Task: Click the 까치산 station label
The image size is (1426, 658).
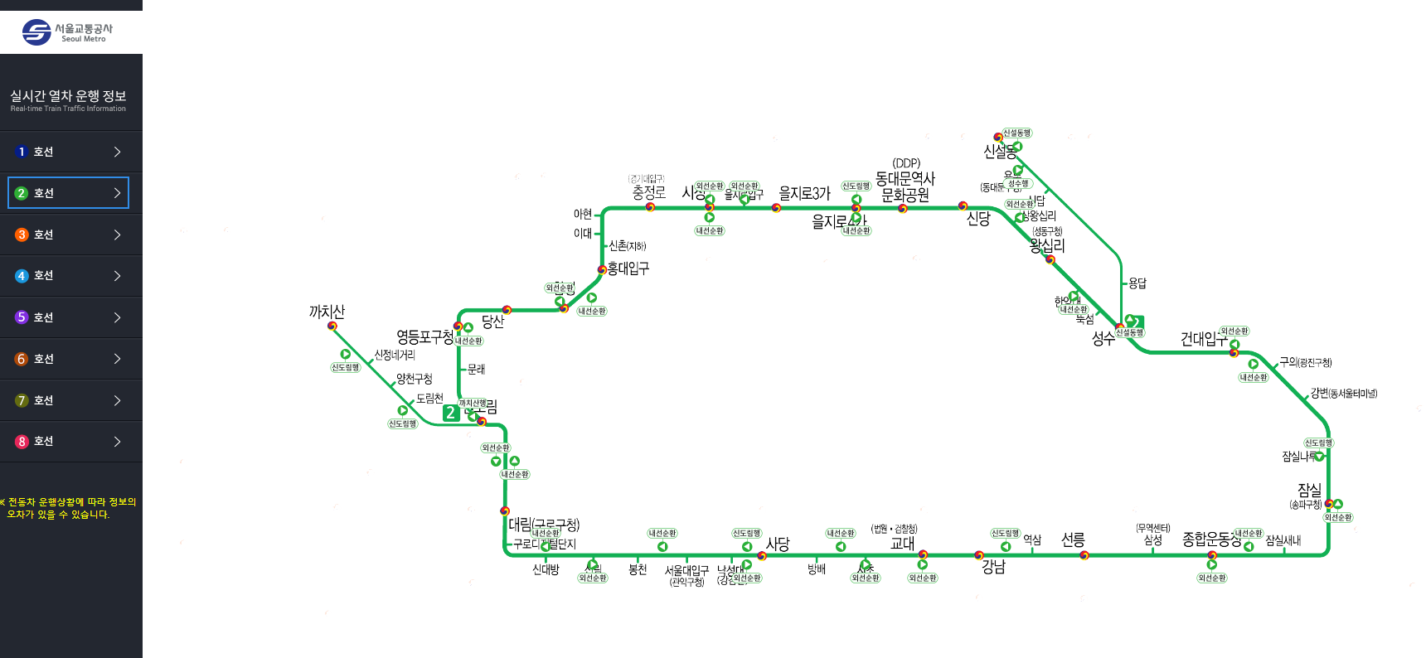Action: click(x=327, y=312)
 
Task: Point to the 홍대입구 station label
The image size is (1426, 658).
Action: click(x=628, y=269)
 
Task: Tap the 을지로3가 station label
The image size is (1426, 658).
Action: click(x=804, y=193)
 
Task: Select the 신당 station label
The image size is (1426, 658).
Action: click(x=978, y=219)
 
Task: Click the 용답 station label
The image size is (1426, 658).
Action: click(x=1137, y=283)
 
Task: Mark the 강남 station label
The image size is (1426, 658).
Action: click(x=993, y=567)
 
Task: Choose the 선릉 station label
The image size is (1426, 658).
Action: click(x=1073, y=540)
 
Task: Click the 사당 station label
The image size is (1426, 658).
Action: click(x=778, y=544)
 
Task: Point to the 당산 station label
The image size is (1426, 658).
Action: click(x=492, y=322)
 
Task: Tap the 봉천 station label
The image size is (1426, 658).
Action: click(x=638, y=570)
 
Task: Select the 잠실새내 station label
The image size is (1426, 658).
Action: click(x=1283, y=541)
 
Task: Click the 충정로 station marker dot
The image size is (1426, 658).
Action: click(x=650, y=207)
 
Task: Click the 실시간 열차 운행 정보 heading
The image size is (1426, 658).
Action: click(x=68, y=96)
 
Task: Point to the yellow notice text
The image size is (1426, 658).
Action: click(x=68, y=508)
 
